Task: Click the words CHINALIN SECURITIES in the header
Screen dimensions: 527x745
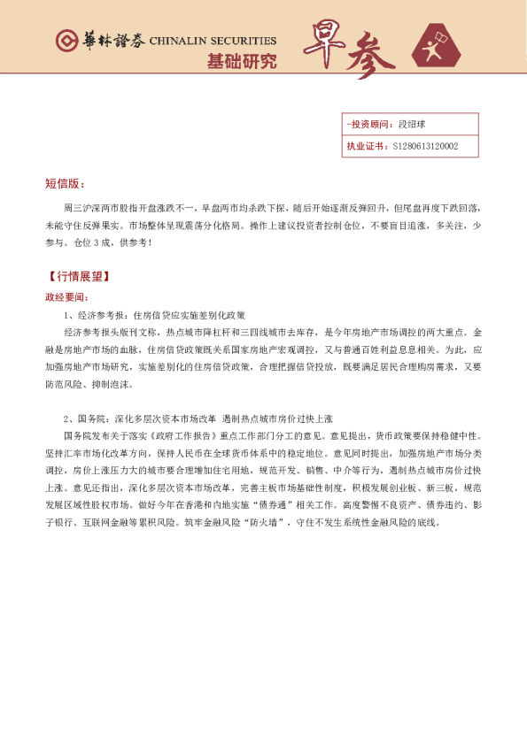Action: click(x=213, y=42)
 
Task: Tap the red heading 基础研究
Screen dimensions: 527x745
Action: click(x=241, y=62)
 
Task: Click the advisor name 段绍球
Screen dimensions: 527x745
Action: click(x=412, y=125)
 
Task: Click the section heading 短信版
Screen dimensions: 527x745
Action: click(x=64, y=184)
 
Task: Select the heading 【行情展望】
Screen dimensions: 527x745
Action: click(x=79, y=277)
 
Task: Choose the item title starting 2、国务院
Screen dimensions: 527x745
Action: click(x=198, y=418)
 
